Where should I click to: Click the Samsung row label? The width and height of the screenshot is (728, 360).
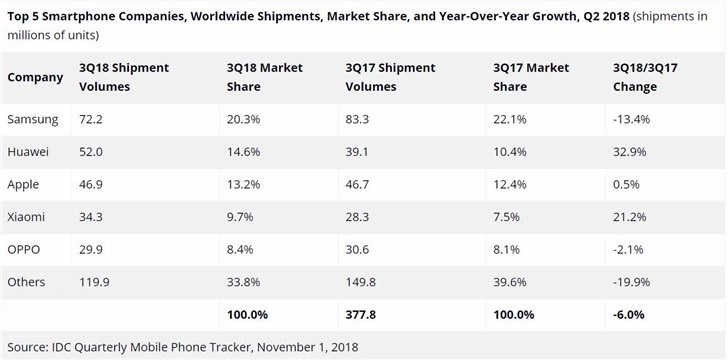coord(33,119)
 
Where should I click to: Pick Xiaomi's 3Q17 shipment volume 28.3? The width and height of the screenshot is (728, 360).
coord(359,217)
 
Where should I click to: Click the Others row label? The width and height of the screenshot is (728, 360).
coord(27,282)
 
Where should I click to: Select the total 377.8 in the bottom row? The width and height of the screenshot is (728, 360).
coord(361,315)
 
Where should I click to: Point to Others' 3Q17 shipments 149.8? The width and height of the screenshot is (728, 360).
coord(362,282)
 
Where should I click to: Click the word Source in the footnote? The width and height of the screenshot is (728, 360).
coord(29,347)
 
